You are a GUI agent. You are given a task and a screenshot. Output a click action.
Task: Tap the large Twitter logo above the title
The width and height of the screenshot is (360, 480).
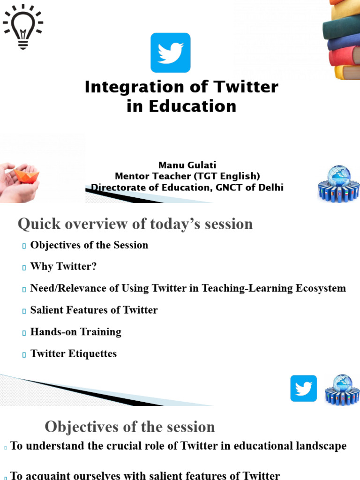[x=170, y=52]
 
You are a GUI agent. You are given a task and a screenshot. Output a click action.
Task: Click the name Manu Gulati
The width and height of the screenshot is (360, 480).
[x=187, y=165]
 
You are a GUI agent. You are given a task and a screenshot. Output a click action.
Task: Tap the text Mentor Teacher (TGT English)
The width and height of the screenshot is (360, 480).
[x=187, y=176]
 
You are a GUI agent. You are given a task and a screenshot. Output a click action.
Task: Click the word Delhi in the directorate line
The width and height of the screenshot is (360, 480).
[x=269, y=187]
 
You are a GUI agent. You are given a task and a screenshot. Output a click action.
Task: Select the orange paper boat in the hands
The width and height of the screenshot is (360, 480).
[x=26, y=175]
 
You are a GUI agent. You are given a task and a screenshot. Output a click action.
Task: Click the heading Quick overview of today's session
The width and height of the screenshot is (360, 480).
[x=135, y=224]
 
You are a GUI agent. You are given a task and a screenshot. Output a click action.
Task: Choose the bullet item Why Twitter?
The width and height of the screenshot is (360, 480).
[x=63, y=267]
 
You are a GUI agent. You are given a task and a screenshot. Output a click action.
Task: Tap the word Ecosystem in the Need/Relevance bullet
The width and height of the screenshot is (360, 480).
[x=320, y=288]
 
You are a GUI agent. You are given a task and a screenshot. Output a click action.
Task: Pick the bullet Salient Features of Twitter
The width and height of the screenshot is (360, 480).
[x=94, y=310]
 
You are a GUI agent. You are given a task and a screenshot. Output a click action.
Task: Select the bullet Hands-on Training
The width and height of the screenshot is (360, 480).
[x=75, y=332]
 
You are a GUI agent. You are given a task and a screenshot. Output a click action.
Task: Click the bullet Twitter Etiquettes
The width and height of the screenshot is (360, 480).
[x=73, y=353]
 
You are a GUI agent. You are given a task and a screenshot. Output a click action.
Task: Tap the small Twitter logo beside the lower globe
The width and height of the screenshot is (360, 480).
[x=303, y=388]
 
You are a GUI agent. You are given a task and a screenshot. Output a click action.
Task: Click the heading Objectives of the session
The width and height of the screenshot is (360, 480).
[x=130, y=427]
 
